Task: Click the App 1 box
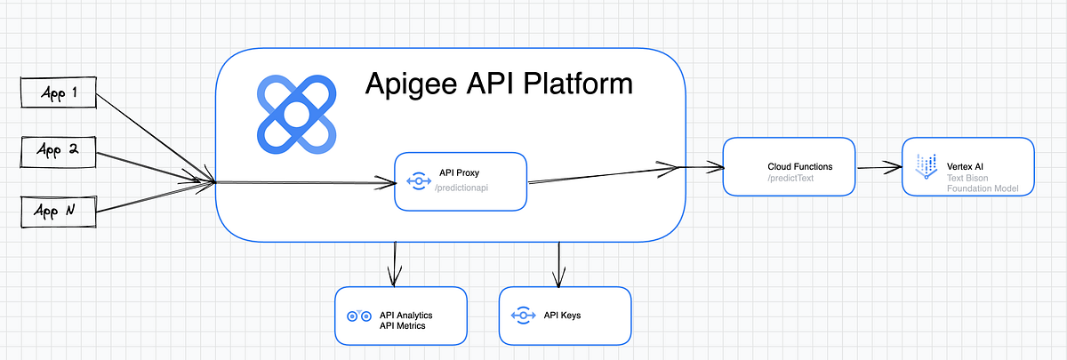58,92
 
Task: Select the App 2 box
58,153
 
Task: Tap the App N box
58,212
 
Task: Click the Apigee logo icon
296,114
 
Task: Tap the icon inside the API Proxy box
419,181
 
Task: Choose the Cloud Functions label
799,167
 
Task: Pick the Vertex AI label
965,166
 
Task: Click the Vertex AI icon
926,166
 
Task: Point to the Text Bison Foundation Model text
980,183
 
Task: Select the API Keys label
563,316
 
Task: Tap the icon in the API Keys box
522,316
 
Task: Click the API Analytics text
411,315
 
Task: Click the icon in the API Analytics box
358,316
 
